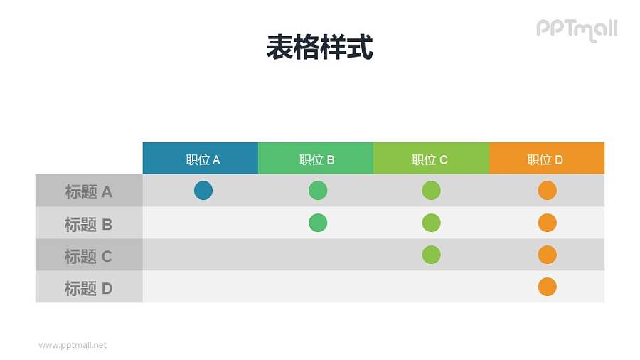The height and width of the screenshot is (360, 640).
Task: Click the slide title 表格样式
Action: [319, 48]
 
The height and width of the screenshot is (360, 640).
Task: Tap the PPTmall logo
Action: [576, 29]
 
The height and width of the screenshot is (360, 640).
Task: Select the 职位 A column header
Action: [201, 159]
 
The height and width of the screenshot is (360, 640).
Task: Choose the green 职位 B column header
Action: [316, 159]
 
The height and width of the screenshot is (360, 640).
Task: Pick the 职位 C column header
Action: [431, 159]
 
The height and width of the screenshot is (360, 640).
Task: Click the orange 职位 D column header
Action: [546, 159]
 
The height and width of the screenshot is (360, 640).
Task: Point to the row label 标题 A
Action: [89, 191]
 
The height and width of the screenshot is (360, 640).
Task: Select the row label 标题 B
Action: [89, 224]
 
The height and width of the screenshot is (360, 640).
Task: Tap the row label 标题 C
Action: [89, 256]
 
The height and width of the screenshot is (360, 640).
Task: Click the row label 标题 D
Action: [89, 288]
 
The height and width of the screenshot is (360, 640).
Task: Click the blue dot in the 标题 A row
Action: [203, 191]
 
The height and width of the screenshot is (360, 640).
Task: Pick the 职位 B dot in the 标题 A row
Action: [318, 191]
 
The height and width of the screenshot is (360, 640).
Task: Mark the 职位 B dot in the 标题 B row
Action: [318, 223]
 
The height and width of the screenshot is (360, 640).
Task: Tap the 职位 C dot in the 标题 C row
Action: [431, 255]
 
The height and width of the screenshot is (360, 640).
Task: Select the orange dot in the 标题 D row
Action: [547, 287]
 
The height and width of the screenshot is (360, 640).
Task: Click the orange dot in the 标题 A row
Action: [547, 191]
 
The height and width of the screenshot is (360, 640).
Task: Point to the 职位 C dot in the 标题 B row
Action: [431, 223]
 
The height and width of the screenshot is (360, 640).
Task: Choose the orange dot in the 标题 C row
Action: [547, 255]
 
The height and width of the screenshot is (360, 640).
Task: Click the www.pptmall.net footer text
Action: [73, 345]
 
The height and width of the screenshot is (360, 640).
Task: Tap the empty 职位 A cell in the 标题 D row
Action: [201, 287]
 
